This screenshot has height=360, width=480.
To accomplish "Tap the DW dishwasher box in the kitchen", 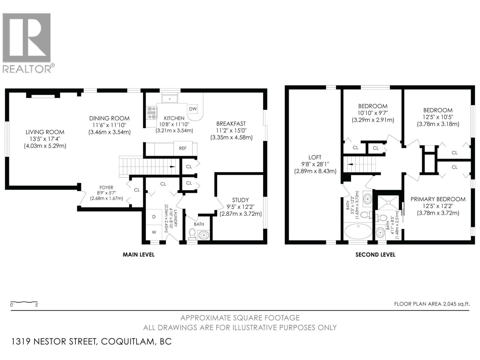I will pos(193,109).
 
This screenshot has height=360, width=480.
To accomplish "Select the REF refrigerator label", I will pos(183,148).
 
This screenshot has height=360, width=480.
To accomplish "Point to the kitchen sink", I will pos(170,98).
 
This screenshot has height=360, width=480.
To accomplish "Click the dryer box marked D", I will pos(154,217).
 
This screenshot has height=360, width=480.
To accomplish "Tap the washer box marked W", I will pos(154,232).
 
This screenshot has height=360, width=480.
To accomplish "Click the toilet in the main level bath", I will pos(192,234).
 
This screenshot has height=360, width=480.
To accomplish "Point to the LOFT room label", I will pos(315,157).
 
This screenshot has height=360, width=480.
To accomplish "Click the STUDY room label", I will pos(240,200).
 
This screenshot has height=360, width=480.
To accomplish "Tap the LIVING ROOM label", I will pos(45,132).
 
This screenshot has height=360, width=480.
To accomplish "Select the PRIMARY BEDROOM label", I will pos(438,199).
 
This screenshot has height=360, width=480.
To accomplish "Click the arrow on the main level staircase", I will pos(172,166).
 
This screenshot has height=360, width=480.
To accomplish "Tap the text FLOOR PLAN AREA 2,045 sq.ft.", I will pos(432,304).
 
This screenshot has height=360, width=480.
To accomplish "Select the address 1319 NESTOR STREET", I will pos(54,341).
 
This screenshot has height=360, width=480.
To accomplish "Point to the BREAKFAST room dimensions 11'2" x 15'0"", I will pos(231,130).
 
